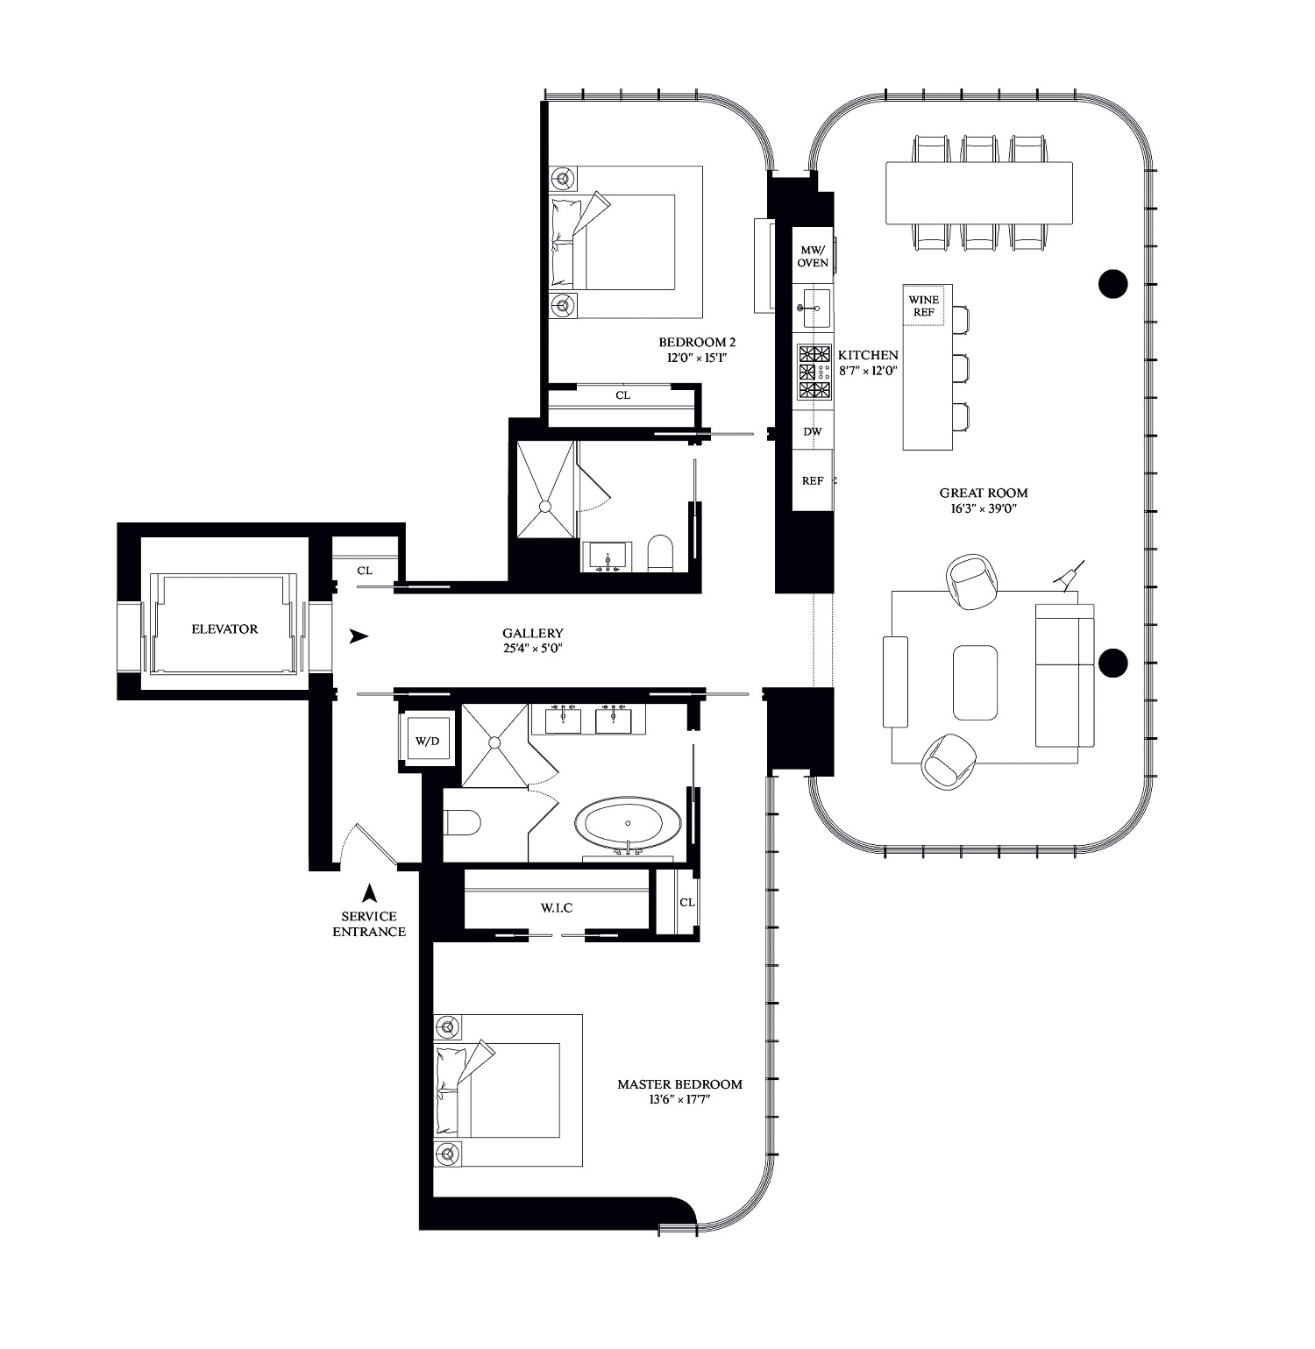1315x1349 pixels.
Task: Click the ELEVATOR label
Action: point(224,628)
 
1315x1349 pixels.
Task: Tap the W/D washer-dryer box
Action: point(426,741)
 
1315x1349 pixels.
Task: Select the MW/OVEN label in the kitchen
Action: point(813,256)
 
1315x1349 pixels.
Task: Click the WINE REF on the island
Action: point(923,305)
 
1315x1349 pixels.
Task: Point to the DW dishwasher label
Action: point(813,431)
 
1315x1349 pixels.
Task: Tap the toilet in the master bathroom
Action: point(462,822)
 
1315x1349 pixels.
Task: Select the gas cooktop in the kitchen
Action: point(814,373)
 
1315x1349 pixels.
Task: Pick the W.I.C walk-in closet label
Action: point(557,907)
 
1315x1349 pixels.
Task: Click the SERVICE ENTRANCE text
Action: point(369,924)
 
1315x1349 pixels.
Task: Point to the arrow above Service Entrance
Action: point(370,892)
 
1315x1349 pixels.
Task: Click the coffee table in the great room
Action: point(976,682)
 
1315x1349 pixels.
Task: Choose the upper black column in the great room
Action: point(1112,283)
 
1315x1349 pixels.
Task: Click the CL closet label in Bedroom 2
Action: point(622,395)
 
